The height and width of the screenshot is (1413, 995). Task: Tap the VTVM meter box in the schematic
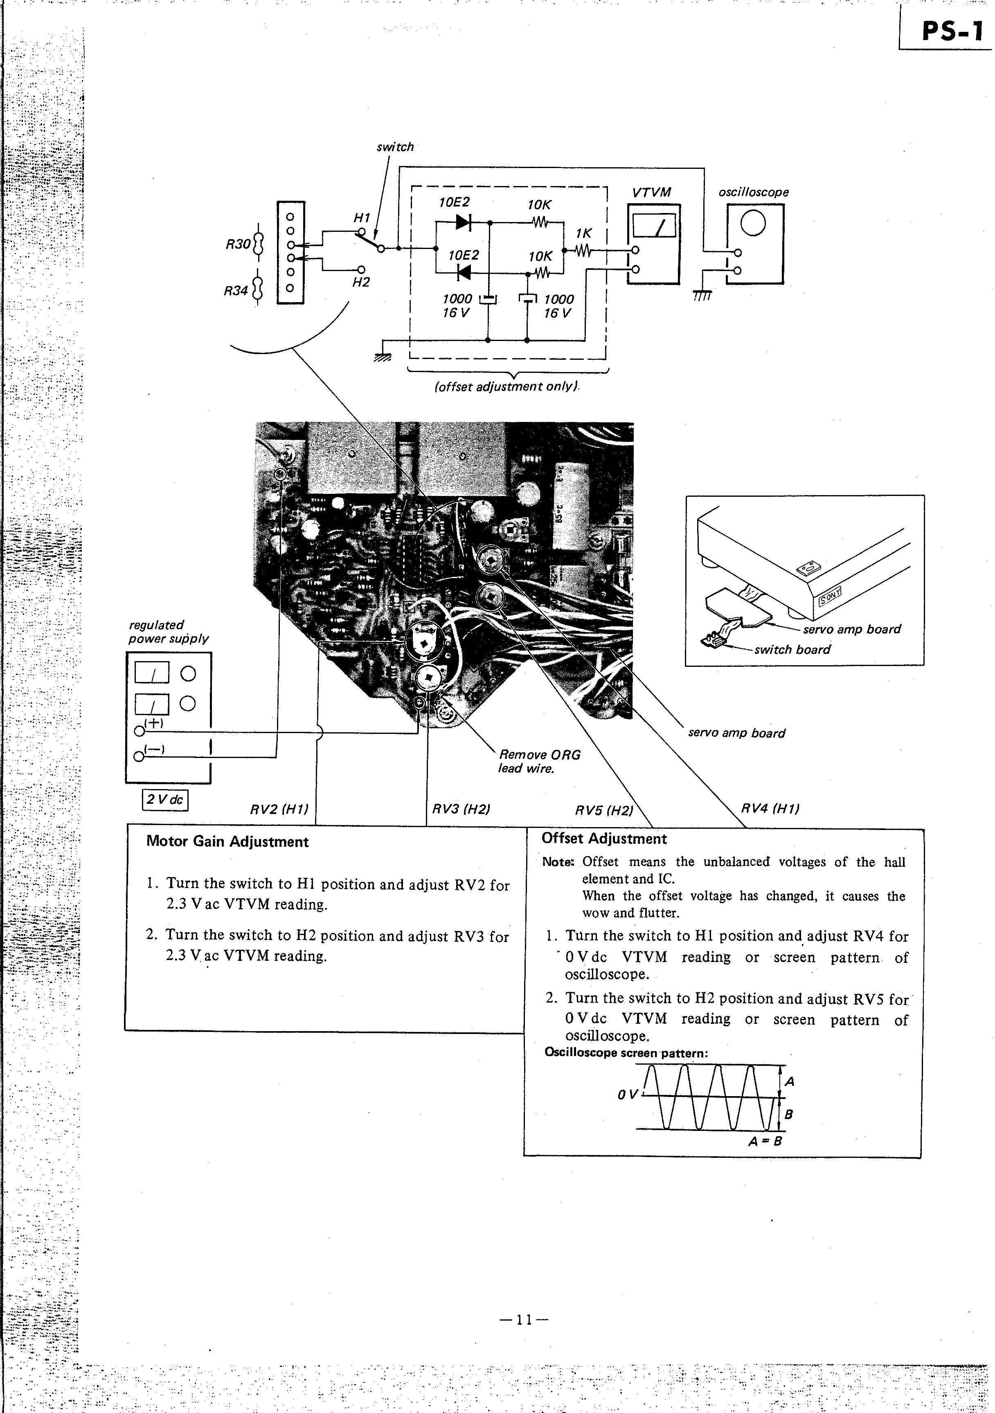coord(654,244)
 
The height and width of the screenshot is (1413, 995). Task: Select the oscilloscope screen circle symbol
coord(753,223)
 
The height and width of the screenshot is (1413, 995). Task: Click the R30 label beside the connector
coord(238,244)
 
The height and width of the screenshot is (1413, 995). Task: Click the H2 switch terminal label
coord(361,283)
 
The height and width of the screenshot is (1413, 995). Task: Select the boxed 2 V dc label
coord(165,800)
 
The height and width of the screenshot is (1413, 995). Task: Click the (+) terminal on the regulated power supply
coord(140,731)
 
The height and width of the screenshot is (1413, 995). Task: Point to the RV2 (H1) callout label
coord(279,810)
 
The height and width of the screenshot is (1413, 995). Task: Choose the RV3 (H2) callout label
coord(461,809)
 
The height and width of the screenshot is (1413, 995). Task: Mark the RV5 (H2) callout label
coord(603,810)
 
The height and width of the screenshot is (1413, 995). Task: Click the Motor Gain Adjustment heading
coord(227,842)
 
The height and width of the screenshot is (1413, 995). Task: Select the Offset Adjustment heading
coord(604,839)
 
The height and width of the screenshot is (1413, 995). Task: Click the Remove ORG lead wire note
coord(539,761)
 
